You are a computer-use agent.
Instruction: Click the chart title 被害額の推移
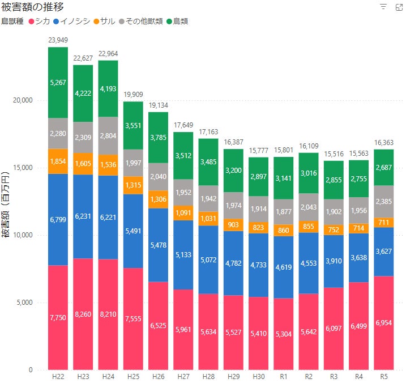[x=32, y=7]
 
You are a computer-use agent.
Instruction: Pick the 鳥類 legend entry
[x=177, y=21]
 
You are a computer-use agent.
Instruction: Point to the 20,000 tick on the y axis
[x=23, y=100]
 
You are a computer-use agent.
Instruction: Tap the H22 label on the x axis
[x=58, y=376]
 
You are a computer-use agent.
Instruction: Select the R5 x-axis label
[x=383, y=376]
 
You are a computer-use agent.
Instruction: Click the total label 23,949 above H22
[x=58, y=40]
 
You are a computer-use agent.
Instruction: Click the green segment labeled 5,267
[x=58, y=83]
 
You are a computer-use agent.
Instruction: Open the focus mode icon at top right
[x=398, y=7]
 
